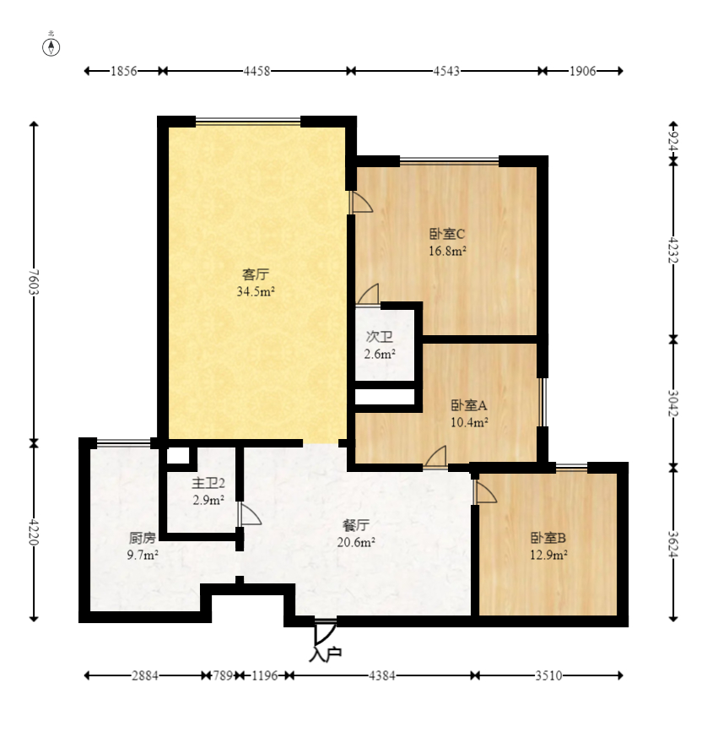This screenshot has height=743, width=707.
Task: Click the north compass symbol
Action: point(51,47)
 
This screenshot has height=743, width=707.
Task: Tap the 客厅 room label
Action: point(256,274)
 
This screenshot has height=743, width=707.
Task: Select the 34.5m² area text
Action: point(256,291)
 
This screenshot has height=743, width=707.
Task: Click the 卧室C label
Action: point(447,234)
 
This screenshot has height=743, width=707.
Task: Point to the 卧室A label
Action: point(469,405)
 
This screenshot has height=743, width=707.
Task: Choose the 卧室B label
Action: point(548,538)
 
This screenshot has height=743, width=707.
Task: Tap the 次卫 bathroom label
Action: point(380,337)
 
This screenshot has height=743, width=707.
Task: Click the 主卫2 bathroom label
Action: point(208,483)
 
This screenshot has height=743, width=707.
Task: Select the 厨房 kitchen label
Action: point(142,538)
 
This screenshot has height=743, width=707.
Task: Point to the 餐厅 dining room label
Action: point(356,525)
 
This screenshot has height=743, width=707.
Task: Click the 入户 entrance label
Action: point(326,654)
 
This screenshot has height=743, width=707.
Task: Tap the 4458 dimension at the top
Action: point(256,71)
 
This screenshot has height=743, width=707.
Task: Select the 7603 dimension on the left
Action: point(34,282)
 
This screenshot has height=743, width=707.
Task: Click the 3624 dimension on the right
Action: point(673,545)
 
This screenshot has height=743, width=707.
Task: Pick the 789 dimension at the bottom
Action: point(223,675)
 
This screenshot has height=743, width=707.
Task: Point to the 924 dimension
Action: point(673,141)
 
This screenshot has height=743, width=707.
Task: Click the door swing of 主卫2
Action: point(251,514)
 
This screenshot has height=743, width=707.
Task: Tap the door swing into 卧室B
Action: point(486,491)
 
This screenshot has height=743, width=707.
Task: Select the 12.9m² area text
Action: point(548,555)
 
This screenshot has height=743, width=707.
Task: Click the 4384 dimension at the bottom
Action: point(381,675)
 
